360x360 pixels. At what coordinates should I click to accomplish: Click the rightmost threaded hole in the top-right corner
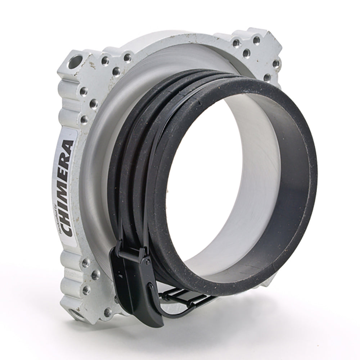tap(276, 64)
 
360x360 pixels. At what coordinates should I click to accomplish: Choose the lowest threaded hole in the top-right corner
tap(267, 77)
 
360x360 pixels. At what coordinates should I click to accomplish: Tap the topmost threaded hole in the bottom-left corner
tap(86, 262)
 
